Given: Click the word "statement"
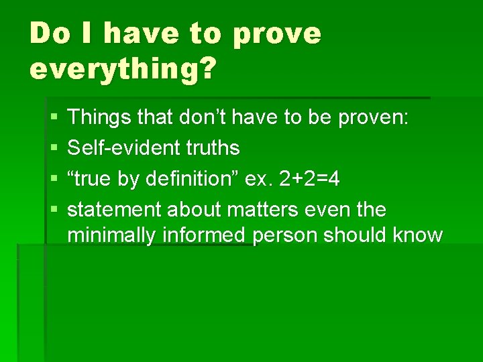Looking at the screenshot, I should click(x=114, y=210).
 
